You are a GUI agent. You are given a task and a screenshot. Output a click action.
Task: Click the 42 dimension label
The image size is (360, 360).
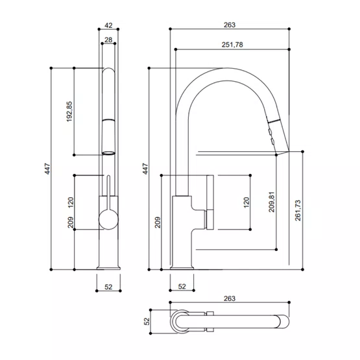pyautogui.click(x=108, y=25)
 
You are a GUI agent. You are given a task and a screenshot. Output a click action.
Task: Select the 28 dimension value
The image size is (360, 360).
pyautogui.click(x=108, y=40)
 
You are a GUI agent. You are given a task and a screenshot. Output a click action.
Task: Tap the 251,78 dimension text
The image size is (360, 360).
pyautogui.click(x=232, y=45)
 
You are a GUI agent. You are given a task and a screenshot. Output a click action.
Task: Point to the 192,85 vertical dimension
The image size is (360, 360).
pyautogui.click(x=69, y=112)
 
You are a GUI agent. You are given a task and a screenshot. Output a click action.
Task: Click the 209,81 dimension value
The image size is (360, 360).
pyautogui.click(x=272, y=202)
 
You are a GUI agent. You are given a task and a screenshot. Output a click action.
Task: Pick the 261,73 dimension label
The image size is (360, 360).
pyautogui.click(x=298, y=211)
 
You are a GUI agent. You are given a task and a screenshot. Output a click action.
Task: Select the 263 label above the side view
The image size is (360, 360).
pyautogui.click(x=230, y=25)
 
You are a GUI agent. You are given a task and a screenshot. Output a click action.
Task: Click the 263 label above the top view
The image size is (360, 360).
pyautogui.click(x=230, y=298)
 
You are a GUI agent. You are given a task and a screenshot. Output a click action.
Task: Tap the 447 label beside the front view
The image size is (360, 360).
pyautogui.click(x=47, y=169)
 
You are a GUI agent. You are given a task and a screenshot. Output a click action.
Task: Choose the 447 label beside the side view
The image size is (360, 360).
pyautogui.click(x=145, y=169)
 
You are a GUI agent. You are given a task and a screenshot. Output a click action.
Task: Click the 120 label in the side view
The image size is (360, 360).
pyautogui.click(x=246, y=202)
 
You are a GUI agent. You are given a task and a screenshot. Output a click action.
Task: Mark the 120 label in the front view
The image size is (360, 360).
pyautogui.click(x=71, y=202)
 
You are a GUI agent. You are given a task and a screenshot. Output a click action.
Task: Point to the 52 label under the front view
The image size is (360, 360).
pyautogui.click(x=108, y=287)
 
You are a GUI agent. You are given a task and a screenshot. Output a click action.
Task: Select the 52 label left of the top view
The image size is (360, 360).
pyautogui.click(x=147, y=321)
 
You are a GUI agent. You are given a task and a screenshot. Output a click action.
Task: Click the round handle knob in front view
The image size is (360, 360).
pyautogui.click(x=108, y=219)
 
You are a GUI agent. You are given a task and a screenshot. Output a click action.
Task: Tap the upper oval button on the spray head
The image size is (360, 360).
pyautogui.click(x=270, y=132)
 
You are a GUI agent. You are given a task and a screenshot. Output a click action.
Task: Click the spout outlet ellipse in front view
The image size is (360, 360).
pyautogui.click(x=108, y=153)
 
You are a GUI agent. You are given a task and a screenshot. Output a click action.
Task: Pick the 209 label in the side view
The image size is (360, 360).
pyautogui.click(x=158, y=222)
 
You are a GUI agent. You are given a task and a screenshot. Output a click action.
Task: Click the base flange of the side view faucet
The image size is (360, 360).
pyautogui.click(x=182, y=268)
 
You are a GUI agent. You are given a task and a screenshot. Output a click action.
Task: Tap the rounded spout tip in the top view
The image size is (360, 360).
pyautogui.click(x=285, y=322)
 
